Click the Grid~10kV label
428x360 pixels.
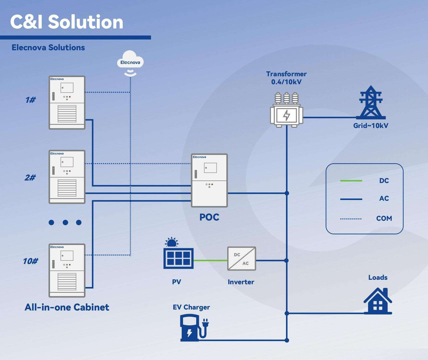click(370, 126)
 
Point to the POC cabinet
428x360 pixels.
click(210, 180)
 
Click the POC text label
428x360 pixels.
click(209, 217)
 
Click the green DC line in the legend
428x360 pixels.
click(351, 181)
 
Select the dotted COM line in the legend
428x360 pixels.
click(351, 219)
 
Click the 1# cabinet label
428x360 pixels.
click(30, 100)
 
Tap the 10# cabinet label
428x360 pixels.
click(30, 261)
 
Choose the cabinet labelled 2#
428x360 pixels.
click(67, 177)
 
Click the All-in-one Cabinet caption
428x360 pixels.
click(67, 307)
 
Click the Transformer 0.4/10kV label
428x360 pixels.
click(286, 78)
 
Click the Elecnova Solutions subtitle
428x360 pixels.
click(48, 47)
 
